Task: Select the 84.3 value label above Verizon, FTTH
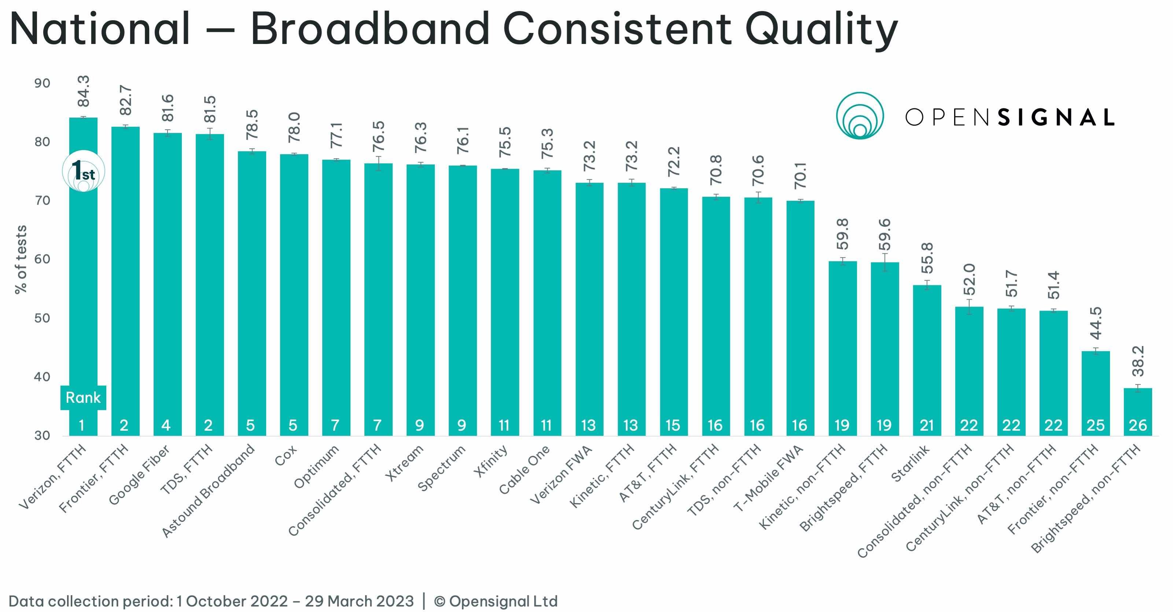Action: point(83,91)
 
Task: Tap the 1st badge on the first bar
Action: point(83,171)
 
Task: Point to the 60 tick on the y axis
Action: point(43,259)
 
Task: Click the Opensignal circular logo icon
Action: point(860,116)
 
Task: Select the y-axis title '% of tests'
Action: point(21,259)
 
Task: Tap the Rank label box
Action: point(83,398)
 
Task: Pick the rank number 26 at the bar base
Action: point(1137,425)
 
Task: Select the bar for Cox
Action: point(294,295)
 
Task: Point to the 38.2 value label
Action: point(1137,361)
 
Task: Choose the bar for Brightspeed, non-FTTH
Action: point(1137,412)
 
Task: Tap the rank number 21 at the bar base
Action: point(927,425)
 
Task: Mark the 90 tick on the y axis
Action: point(43,83)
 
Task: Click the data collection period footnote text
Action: point(211,601)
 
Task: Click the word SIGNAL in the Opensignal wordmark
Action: point(1056,118)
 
